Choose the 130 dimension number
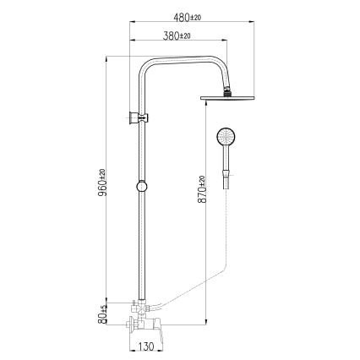[x=145, y=346]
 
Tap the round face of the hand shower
[x=226, y=136]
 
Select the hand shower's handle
[x=226, y=161]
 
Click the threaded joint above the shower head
[x=227, y=89]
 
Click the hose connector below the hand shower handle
[x=226, y=182]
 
